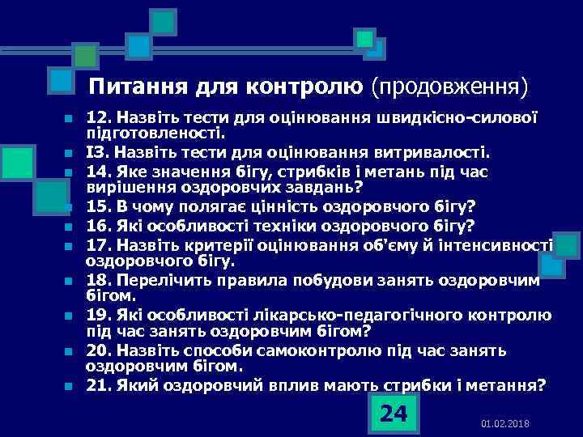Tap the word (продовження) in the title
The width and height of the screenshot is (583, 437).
tap(448, 86)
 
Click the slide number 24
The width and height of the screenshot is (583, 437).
tap(394, 414)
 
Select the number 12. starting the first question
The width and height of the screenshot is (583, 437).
tap(100, 117)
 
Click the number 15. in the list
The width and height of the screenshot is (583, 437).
tap(100, 206)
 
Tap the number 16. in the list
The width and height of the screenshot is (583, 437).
tap(100, 225)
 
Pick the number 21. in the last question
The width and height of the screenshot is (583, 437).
tap(100, 385)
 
